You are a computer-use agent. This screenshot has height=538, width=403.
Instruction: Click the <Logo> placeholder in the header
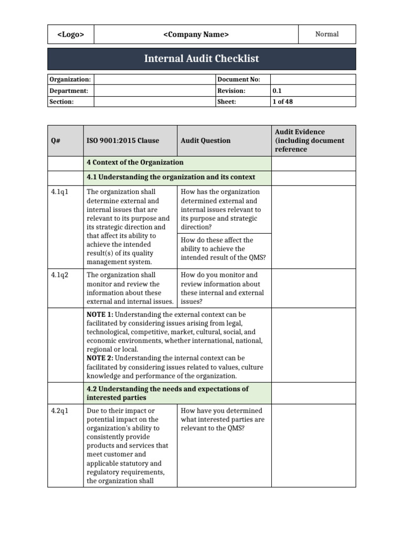[x=70, y=35]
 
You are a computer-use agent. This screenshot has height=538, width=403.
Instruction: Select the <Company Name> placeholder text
[x=196, y=35]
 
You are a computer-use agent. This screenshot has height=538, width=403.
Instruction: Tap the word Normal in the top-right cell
[x=326, y=34]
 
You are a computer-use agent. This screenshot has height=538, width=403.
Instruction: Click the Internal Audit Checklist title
[x=201, y=59]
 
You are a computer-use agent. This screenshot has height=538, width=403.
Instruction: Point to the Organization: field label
[x=70, y=79]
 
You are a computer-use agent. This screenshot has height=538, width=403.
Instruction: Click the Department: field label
[x=69, y=90]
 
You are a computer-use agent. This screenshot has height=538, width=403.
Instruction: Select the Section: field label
[x=61, y=101]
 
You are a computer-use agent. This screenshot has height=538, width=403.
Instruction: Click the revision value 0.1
[x=277, y=90]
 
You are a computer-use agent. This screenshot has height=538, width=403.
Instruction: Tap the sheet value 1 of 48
[x=282, y=101]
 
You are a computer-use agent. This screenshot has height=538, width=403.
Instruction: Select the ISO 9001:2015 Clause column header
[x=123, y=141]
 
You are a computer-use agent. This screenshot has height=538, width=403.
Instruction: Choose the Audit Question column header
[x=205, y=141]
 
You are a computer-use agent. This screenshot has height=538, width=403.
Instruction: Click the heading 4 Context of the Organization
[x=135, y=162]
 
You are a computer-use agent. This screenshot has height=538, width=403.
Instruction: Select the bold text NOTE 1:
[x=100, y=314]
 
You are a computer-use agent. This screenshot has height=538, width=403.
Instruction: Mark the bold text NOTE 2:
[x=100, y=358]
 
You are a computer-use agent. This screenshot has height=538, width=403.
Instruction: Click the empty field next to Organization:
[x=154, y=79]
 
